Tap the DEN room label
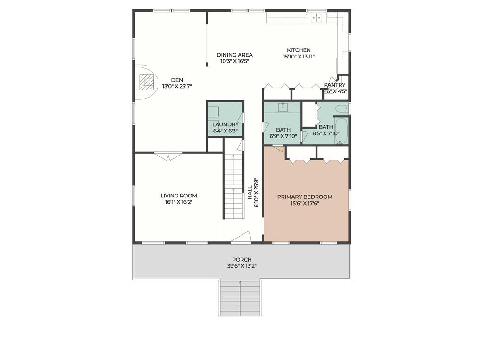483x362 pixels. (177, 80)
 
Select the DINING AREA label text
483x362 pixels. (234, 55)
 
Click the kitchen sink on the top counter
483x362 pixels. (316, 17)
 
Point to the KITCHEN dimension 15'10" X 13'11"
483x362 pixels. (299, 57)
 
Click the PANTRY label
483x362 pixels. (335, 85)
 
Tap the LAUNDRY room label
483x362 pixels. (225, 124)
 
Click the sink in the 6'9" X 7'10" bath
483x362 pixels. (283, 107)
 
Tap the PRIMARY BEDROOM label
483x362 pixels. (304, 197)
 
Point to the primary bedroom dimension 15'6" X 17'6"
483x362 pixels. (304, 204)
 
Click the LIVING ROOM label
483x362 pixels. (178, 196)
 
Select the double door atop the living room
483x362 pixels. (168, 156)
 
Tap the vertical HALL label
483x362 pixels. (250, 192)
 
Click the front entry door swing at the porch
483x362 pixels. (241, 238)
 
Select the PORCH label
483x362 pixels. (241, 259)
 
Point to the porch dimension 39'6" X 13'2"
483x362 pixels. (241, 266)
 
